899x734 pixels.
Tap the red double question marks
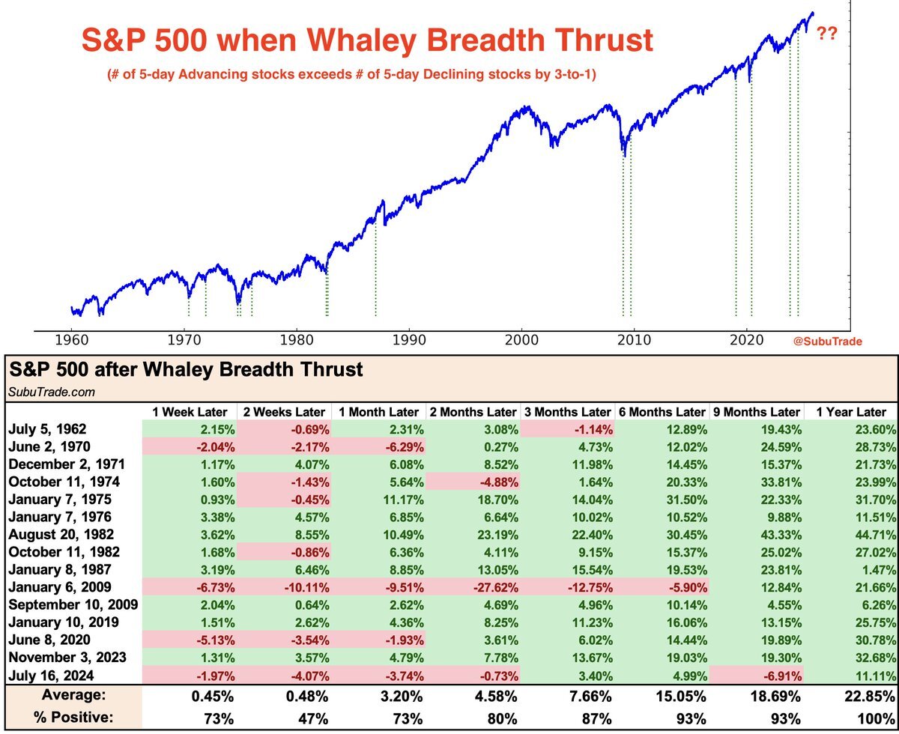pyautogui.click(x=826, y=34)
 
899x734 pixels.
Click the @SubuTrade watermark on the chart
pyautogui.click(x=827, y=342)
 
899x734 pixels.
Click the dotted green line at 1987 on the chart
pyautogui.click(x=375, y=277)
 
